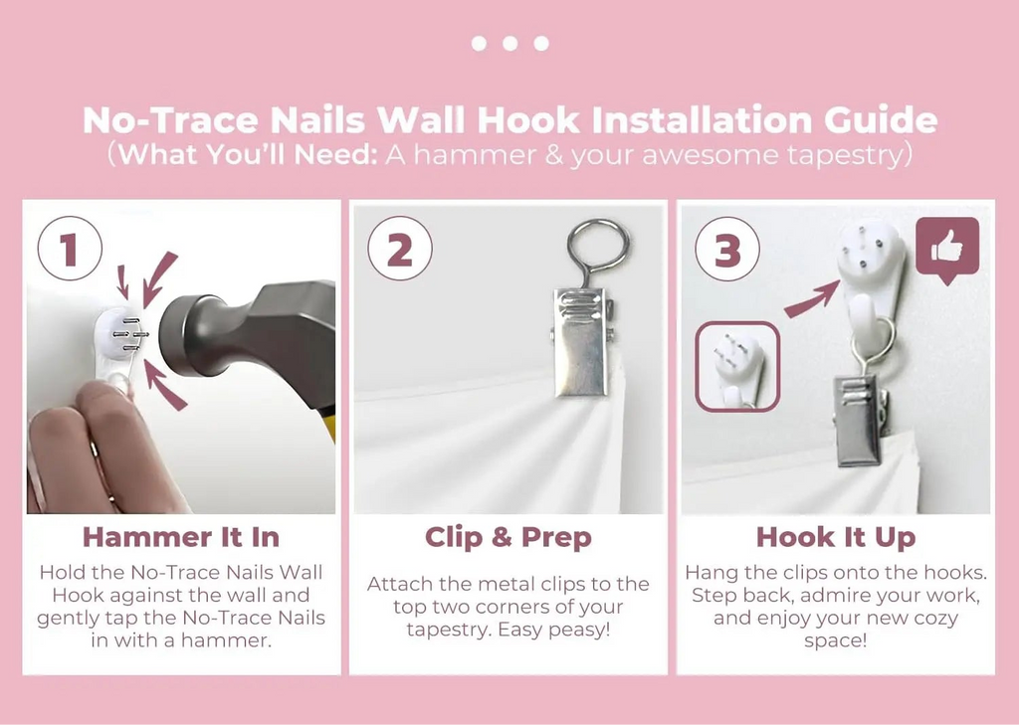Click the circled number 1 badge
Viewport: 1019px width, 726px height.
point(71,248)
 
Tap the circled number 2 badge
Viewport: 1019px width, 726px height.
point(400,248)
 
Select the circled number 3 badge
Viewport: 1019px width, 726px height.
point(727,248)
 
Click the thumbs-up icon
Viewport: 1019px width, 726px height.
point(947,248)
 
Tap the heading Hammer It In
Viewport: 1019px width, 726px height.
point(181,538)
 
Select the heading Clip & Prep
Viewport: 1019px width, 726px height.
point(509,538)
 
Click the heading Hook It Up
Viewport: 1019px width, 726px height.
point(836,538)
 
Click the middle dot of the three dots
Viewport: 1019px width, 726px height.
point(510,44)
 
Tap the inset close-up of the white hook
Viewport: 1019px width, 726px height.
point(737,367)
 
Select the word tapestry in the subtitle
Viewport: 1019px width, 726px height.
point(844,156)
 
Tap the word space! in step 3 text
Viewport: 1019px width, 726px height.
point(836,640)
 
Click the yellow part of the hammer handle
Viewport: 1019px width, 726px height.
point(328,426)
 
